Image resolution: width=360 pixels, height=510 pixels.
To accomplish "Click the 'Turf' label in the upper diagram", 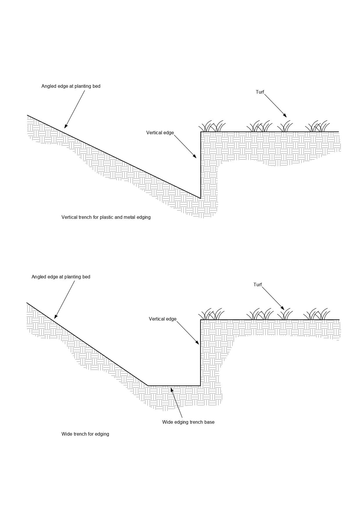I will click(x=260, y=92).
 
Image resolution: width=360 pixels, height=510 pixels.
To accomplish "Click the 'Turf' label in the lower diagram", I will click(x=258, y=285).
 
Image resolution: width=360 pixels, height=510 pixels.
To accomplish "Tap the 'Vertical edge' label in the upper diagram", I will click(x=160, y=133).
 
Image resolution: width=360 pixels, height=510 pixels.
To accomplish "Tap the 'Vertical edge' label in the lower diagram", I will click(x=163, y=319).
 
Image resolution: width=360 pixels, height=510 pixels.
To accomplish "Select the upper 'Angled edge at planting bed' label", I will click(x=71, y=86).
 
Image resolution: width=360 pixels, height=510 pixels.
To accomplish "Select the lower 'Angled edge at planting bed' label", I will click(x=61, y=277).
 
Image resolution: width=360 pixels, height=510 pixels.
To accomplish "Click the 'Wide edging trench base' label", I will click(x=188, y=422).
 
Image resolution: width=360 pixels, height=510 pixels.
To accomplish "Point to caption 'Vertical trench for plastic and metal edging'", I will click(x=106, y=217).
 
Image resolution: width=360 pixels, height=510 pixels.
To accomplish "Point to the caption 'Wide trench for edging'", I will click(x=85, y=434).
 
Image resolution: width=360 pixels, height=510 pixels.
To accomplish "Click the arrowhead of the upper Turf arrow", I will click(x=285, y=116).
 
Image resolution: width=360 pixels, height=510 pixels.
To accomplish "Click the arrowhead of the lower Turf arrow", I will click(x=283, y=309).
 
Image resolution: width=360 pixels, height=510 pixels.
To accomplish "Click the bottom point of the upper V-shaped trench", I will click(x=200, y=198).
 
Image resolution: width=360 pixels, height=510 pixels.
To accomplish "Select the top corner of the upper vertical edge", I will click(x=201, y=132).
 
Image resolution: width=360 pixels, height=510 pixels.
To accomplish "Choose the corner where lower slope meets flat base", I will click(x=148, y=386).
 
